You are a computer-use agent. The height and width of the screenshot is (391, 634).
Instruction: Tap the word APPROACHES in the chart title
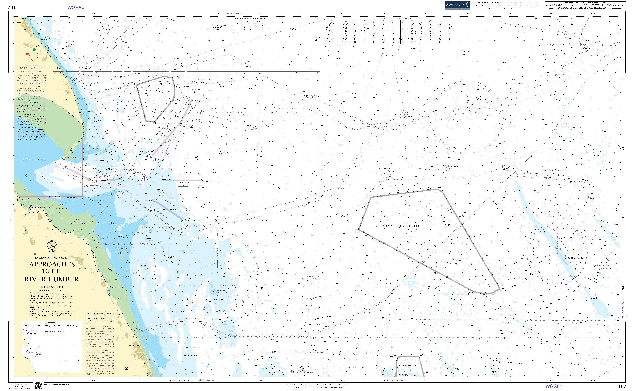[x=52, y=264]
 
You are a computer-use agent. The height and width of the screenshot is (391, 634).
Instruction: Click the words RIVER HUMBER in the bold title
[x=52, y=279]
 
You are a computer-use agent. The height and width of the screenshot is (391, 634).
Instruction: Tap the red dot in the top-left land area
[x=27, y=54]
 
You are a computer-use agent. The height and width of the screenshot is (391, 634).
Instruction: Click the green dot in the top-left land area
[x=34, y=49]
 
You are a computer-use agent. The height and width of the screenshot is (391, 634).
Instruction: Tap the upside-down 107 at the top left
[x=12, y=8]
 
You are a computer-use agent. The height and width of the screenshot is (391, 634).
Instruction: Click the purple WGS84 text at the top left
[x=76, y=8]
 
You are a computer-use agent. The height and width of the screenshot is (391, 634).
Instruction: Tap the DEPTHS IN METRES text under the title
[x=52, y=287]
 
